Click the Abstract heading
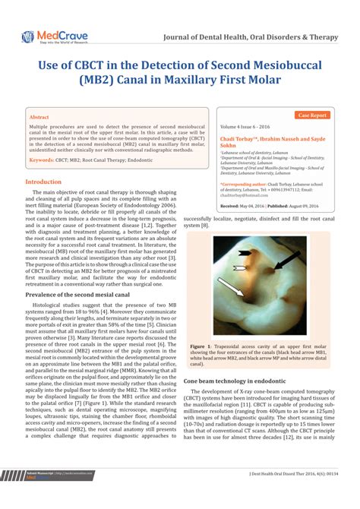pos(39,118)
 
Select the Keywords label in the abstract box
pos(46,161)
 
